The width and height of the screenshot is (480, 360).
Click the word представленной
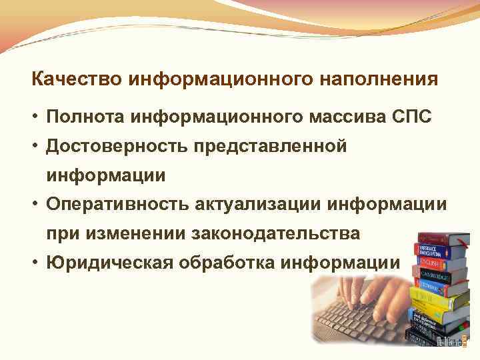(271, 147)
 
